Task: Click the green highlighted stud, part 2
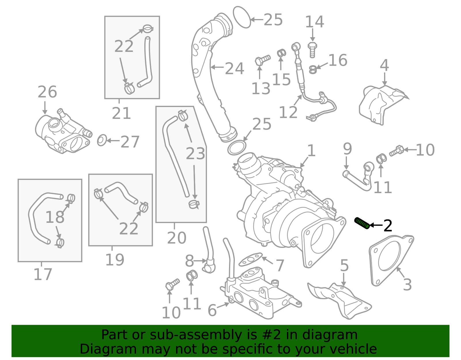(x=362, y=223)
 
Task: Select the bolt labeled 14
(x=312, y=50)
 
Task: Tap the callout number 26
(x=47, y=92)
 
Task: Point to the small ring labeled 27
(x=102, y=140)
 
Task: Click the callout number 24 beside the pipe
(x=234, y=69)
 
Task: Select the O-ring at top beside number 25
(x=241, y=17)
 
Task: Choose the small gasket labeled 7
(x=250, y=259)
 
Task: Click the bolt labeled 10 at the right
(x=397, y=150)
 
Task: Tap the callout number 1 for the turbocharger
(x=311, y=150)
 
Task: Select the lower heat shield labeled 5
(x=340, y=300)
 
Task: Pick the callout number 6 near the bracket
(x=212, y=310)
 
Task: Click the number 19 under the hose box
(x=115, y=260)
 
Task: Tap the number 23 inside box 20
(x=195, y=153)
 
